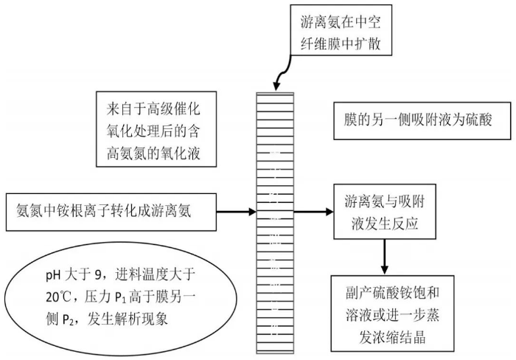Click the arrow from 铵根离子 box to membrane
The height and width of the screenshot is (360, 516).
(x=236, y=211)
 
